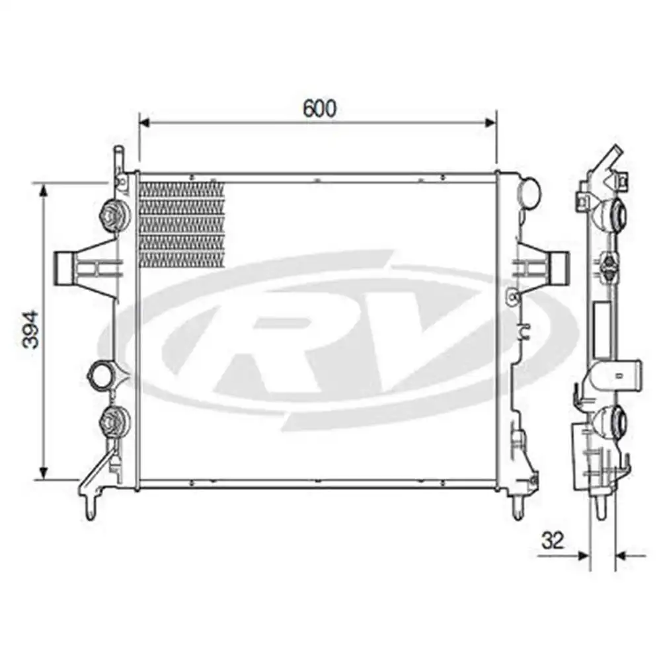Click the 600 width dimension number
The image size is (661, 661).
[320, 108]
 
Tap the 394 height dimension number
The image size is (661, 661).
[31, 329]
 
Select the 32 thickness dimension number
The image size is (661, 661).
[553, 540]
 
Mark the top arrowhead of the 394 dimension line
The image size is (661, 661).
[44, 190]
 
